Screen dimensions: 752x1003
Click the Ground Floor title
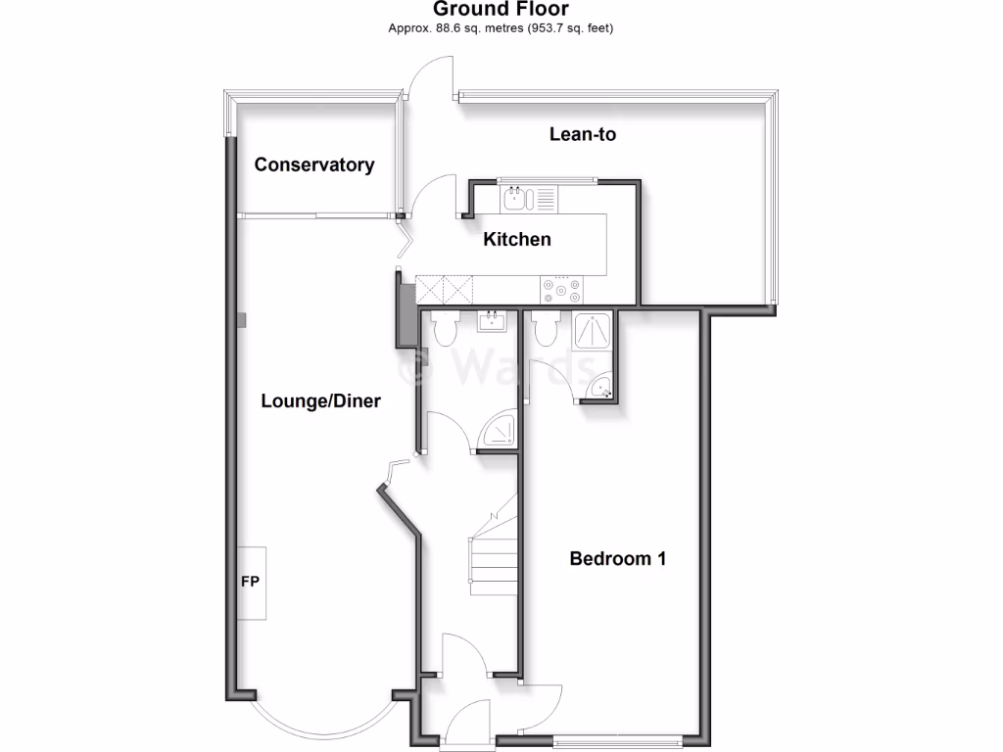(501, 10)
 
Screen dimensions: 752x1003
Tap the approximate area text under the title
(501, 28)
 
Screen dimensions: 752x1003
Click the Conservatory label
(313, 164)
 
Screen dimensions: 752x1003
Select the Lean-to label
(582, 134)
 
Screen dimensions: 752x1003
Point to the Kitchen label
(516, 239)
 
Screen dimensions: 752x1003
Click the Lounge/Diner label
(320, 400)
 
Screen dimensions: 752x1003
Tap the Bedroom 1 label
(617, 559)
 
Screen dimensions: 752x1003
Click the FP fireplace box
(251, 582)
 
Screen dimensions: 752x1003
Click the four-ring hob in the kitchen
(561, 290)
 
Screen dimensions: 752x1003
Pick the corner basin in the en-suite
(602, 391)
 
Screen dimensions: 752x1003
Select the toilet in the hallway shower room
(444, 329)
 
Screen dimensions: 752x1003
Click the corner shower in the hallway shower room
(500, 432)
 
